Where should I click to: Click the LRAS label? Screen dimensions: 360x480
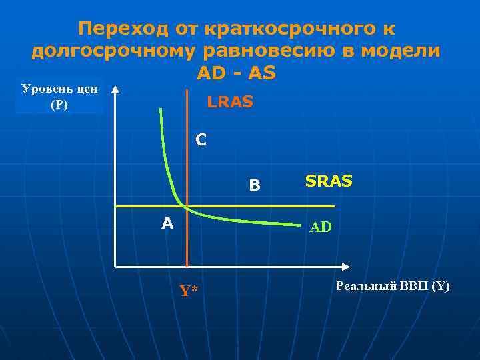click(230, 103)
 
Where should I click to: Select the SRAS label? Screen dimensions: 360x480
click(329, 181)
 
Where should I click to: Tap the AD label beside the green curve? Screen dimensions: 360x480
click(320, 227)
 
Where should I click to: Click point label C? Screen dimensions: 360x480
click(201, 141)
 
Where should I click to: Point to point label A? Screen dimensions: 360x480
click(167, 223)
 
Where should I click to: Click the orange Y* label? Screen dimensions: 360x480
click(189, 290)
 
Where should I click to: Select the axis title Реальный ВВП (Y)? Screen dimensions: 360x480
click(393, 286)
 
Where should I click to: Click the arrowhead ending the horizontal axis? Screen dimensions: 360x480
click(345, 267)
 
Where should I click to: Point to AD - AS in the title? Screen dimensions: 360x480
click(236, 73)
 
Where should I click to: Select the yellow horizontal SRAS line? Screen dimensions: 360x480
click(267, 205)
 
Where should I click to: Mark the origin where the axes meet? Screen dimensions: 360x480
click(115, 267)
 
